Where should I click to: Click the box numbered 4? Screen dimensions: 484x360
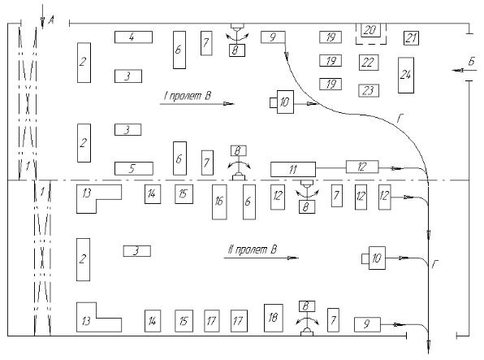133,37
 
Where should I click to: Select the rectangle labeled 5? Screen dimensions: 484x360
134,169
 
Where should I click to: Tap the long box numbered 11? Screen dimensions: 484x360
293,169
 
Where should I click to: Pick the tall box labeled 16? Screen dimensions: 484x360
219,202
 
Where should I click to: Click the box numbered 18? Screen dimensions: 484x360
274,318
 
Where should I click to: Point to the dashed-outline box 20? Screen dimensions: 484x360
371,33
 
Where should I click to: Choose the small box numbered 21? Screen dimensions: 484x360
411,38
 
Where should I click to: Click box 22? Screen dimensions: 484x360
369,63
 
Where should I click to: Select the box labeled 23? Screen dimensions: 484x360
369,90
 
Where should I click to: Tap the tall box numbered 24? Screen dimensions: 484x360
406,75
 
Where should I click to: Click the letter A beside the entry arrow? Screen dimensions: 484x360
51,20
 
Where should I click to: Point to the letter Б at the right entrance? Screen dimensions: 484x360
471,62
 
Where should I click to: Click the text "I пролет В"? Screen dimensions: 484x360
188,96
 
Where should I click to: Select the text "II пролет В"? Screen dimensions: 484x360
253,249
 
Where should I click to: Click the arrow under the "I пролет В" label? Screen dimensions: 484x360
197,104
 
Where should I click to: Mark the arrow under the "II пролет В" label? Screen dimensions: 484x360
261,258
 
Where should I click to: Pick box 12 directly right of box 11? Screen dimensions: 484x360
362,167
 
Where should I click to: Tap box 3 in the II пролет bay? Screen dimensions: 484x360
137,251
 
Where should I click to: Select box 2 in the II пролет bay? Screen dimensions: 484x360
83,259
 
